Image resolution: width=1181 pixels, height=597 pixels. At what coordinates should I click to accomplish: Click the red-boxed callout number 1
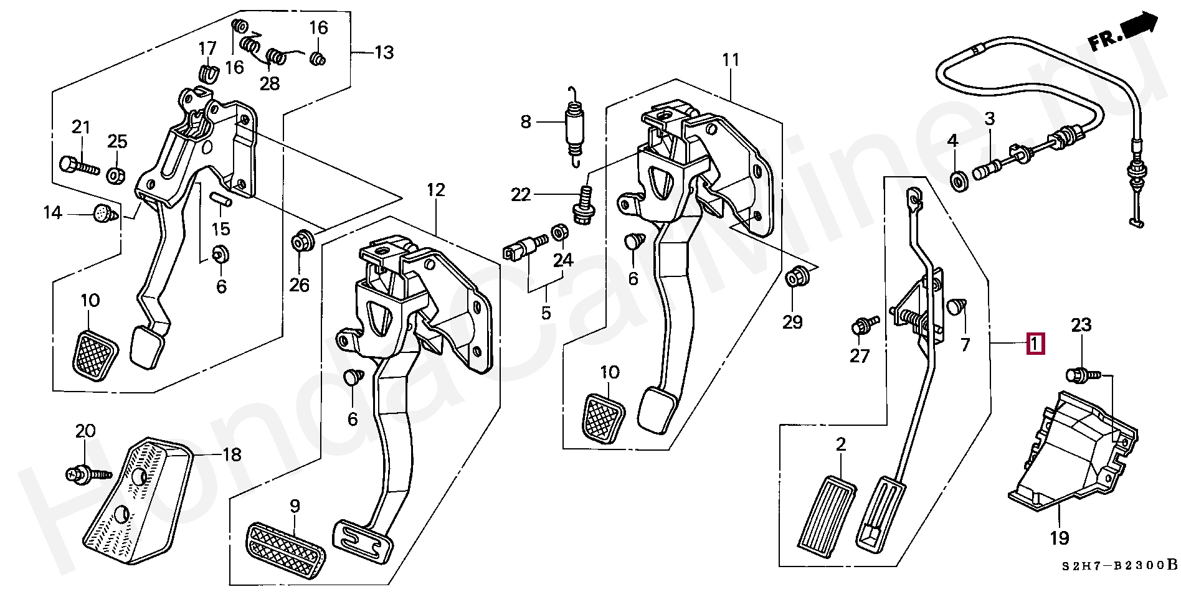1035,344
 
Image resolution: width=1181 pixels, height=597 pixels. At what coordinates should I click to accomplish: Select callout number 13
384,52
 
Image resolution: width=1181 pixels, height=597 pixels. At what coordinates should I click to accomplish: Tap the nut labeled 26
303,240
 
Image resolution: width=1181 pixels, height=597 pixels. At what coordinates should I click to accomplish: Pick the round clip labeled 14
102,214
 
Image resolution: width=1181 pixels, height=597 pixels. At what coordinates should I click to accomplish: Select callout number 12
436,190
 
